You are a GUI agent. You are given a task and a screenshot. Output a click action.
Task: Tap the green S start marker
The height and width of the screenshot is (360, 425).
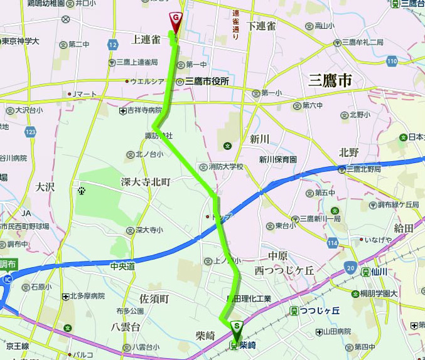(236, 327)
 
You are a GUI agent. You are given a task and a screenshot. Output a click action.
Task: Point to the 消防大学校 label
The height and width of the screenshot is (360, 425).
(225, 167)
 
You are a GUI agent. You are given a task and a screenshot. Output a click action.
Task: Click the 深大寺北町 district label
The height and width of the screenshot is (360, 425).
(146, 181)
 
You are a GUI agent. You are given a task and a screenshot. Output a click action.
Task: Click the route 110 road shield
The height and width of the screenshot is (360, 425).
(392, 61)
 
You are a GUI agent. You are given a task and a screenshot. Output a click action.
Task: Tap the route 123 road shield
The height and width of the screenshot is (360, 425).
(30, 132)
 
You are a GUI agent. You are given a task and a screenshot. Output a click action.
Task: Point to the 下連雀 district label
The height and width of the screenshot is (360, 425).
(261, 26)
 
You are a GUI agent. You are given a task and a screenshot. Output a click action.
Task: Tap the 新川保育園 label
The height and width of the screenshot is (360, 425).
(277, 160)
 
